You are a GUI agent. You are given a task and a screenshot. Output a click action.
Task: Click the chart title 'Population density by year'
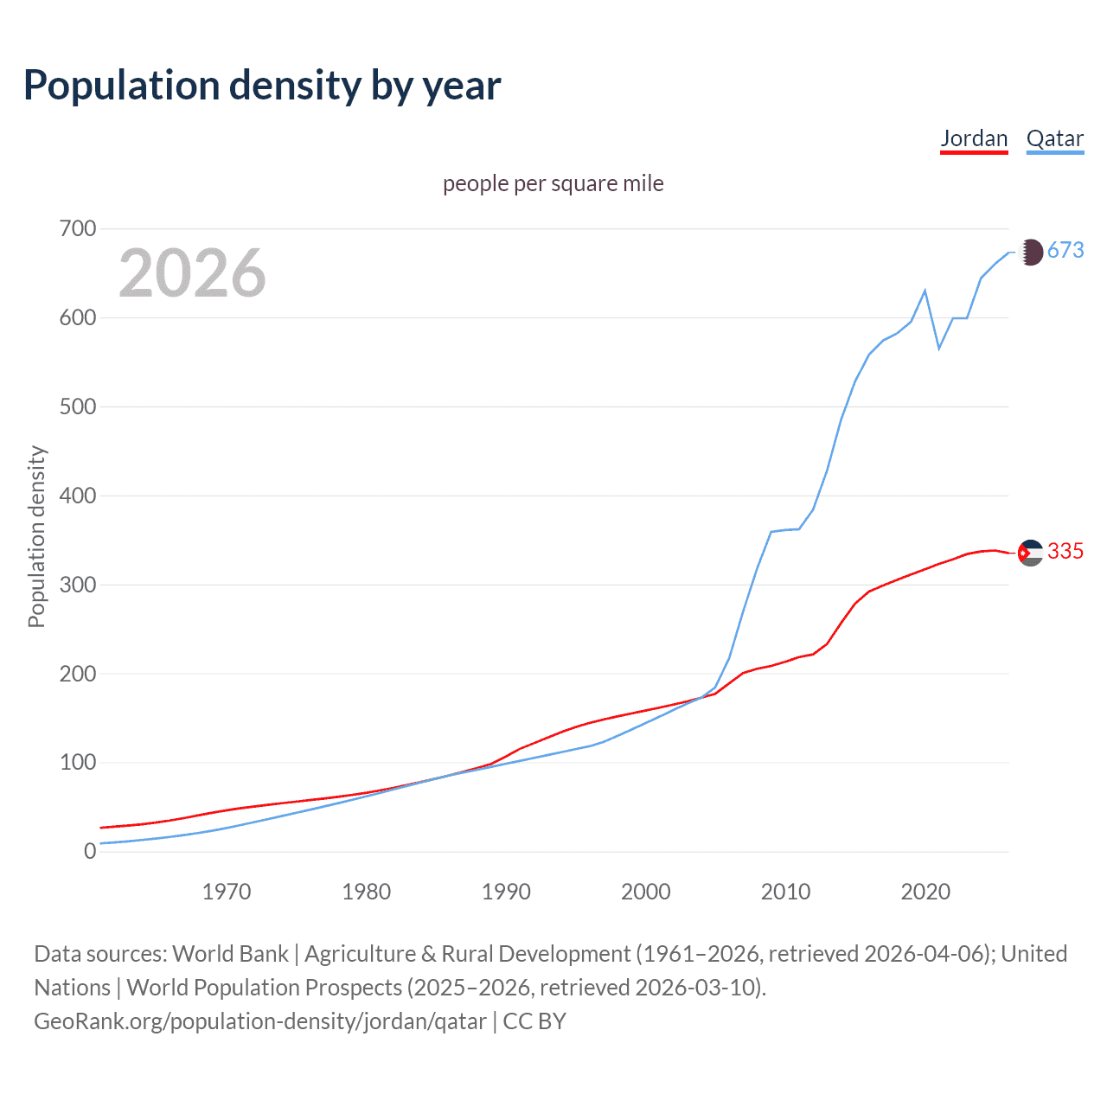click(262, 86)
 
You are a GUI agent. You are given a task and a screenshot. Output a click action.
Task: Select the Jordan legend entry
click(974, 138)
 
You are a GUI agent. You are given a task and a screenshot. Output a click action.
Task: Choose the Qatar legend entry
click(1054, 138)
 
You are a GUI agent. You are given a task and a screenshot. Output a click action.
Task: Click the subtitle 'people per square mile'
click(553, 183)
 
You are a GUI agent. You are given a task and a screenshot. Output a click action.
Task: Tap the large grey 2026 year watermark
click(192, 272)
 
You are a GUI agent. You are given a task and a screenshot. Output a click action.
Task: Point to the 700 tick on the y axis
click(78, 229)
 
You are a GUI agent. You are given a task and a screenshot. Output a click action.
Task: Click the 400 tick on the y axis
click(78, 496)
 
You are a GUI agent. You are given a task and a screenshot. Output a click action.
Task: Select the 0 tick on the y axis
click(90, 851)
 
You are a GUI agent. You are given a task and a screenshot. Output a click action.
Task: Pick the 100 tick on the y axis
click(78, 763)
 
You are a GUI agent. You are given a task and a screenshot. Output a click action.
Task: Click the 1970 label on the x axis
click(227, 892)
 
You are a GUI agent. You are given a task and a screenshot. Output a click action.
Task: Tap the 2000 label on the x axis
click(646, 892)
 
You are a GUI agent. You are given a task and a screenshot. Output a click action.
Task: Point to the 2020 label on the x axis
click(925, 892)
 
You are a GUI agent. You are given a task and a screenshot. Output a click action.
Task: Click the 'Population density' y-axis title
click(36, 536)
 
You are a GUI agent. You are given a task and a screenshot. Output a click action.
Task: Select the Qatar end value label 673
click(1065, 251)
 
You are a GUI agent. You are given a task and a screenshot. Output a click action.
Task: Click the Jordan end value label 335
click(1065, 552)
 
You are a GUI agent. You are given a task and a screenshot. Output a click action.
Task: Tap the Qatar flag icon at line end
click(1030, 252)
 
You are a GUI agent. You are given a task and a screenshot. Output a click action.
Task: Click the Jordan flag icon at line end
click(1030, 553)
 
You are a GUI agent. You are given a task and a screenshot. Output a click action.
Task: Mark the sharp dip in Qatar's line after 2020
click(939, 348)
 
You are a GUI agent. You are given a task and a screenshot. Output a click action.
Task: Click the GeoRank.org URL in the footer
click(260, 1021)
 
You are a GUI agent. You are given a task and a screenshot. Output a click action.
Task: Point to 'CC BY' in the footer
click(534, 1021)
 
